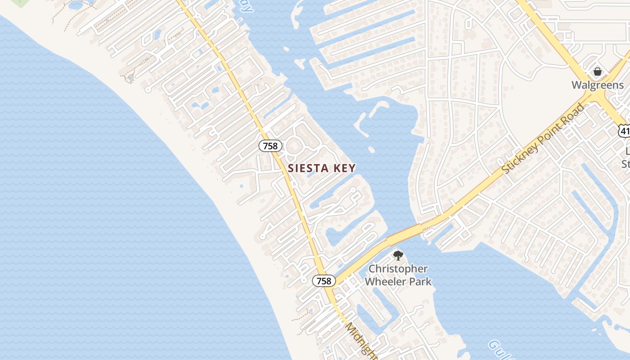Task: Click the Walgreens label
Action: [598, 85]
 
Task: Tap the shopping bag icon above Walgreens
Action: [598, 72]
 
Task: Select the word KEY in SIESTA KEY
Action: [344, 168]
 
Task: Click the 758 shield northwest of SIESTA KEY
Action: [270, 146]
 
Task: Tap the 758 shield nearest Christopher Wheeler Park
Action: [324, 281]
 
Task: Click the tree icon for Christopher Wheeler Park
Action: [398, 256]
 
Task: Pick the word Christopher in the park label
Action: [398, 269]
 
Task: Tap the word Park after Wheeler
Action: [419, 282]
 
